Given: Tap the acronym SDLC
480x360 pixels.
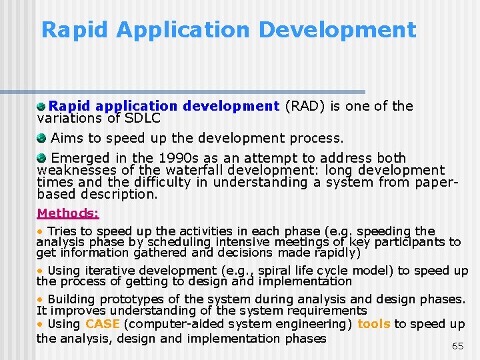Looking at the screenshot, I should [x=143, y=118].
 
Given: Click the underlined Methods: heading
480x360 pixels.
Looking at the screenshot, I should [x=68, y=213].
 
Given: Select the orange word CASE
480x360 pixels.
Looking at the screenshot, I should [x=103, y=324].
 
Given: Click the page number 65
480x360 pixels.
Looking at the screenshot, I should [x=457, y=346].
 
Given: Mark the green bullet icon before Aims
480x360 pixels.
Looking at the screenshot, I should [x=41, y=139].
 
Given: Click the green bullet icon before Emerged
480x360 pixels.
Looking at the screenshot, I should [x=41, y=158].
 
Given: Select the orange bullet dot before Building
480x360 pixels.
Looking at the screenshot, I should [x=39, y=299].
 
